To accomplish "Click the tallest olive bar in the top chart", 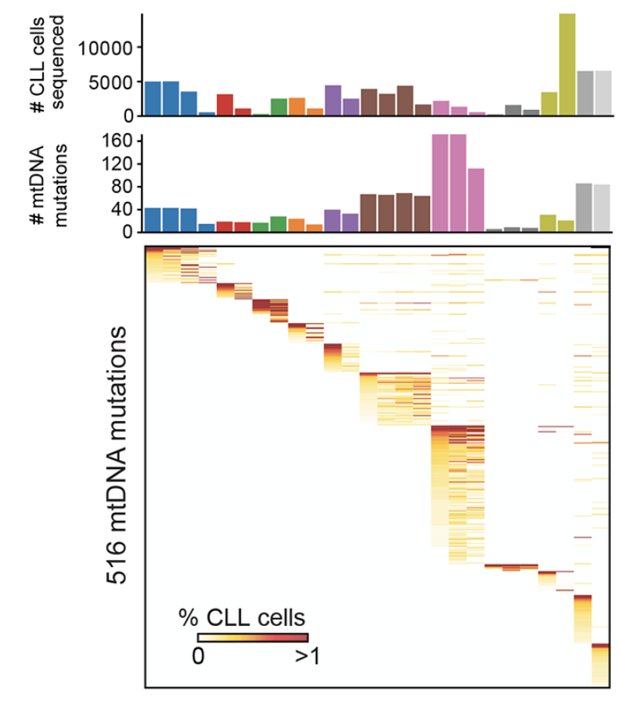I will coord(567,64).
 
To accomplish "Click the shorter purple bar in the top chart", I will coord(351,107).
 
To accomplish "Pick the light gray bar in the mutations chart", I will coord(602,208).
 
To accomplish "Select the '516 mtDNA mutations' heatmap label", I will coord(119,455).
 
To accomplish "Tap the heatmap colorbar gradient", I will coord(252,637).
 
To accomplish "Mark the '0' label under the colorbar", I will coord(199,656).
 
